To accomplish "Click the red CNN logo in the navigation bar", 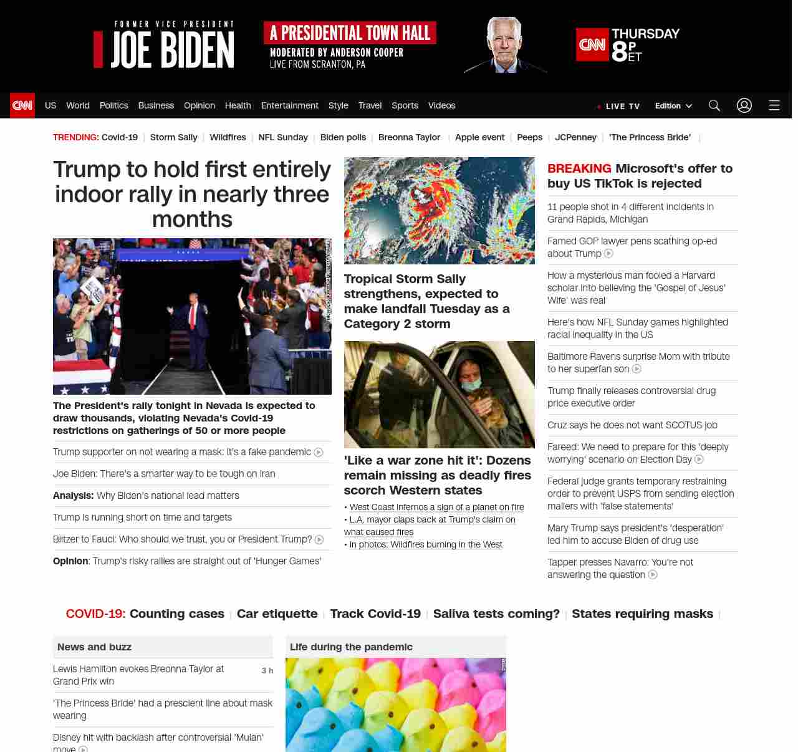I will click(22, 105).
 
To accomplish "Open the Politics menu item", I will click(113, 105).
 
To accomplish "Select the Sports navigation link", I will click(405, 105).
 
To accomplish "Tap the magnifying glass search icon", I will click(714, 105).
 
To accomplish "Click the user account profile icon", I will click(744, 105).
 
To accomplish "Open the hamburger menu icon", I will click(774, 105).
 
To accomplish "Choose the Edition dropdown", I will click(673, 106).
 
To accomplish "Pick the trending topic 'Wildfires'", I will click(228, 137).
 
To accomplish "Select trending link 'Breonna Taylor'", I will click(409, 137).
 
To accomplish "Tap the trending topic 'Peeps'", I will click(529, 137).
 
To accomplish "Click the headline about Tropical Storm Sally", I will click(426, 301).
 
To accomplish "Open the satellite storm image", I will click(439, 211).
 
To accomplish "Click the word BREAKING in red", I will click(579, 168).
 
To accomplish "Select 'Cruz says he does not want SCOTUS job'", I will click(632, 425).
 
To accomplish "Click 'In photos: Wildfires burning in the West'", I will click(426, 544).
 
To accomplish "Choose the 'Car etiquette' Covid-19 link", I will click(277, 614).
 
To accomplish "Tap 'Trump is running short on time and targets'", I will click(142, 518).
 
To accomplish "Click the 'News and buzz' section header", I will click(94, 647).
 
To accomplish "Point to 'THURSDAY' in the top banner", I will click(645, 34).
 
